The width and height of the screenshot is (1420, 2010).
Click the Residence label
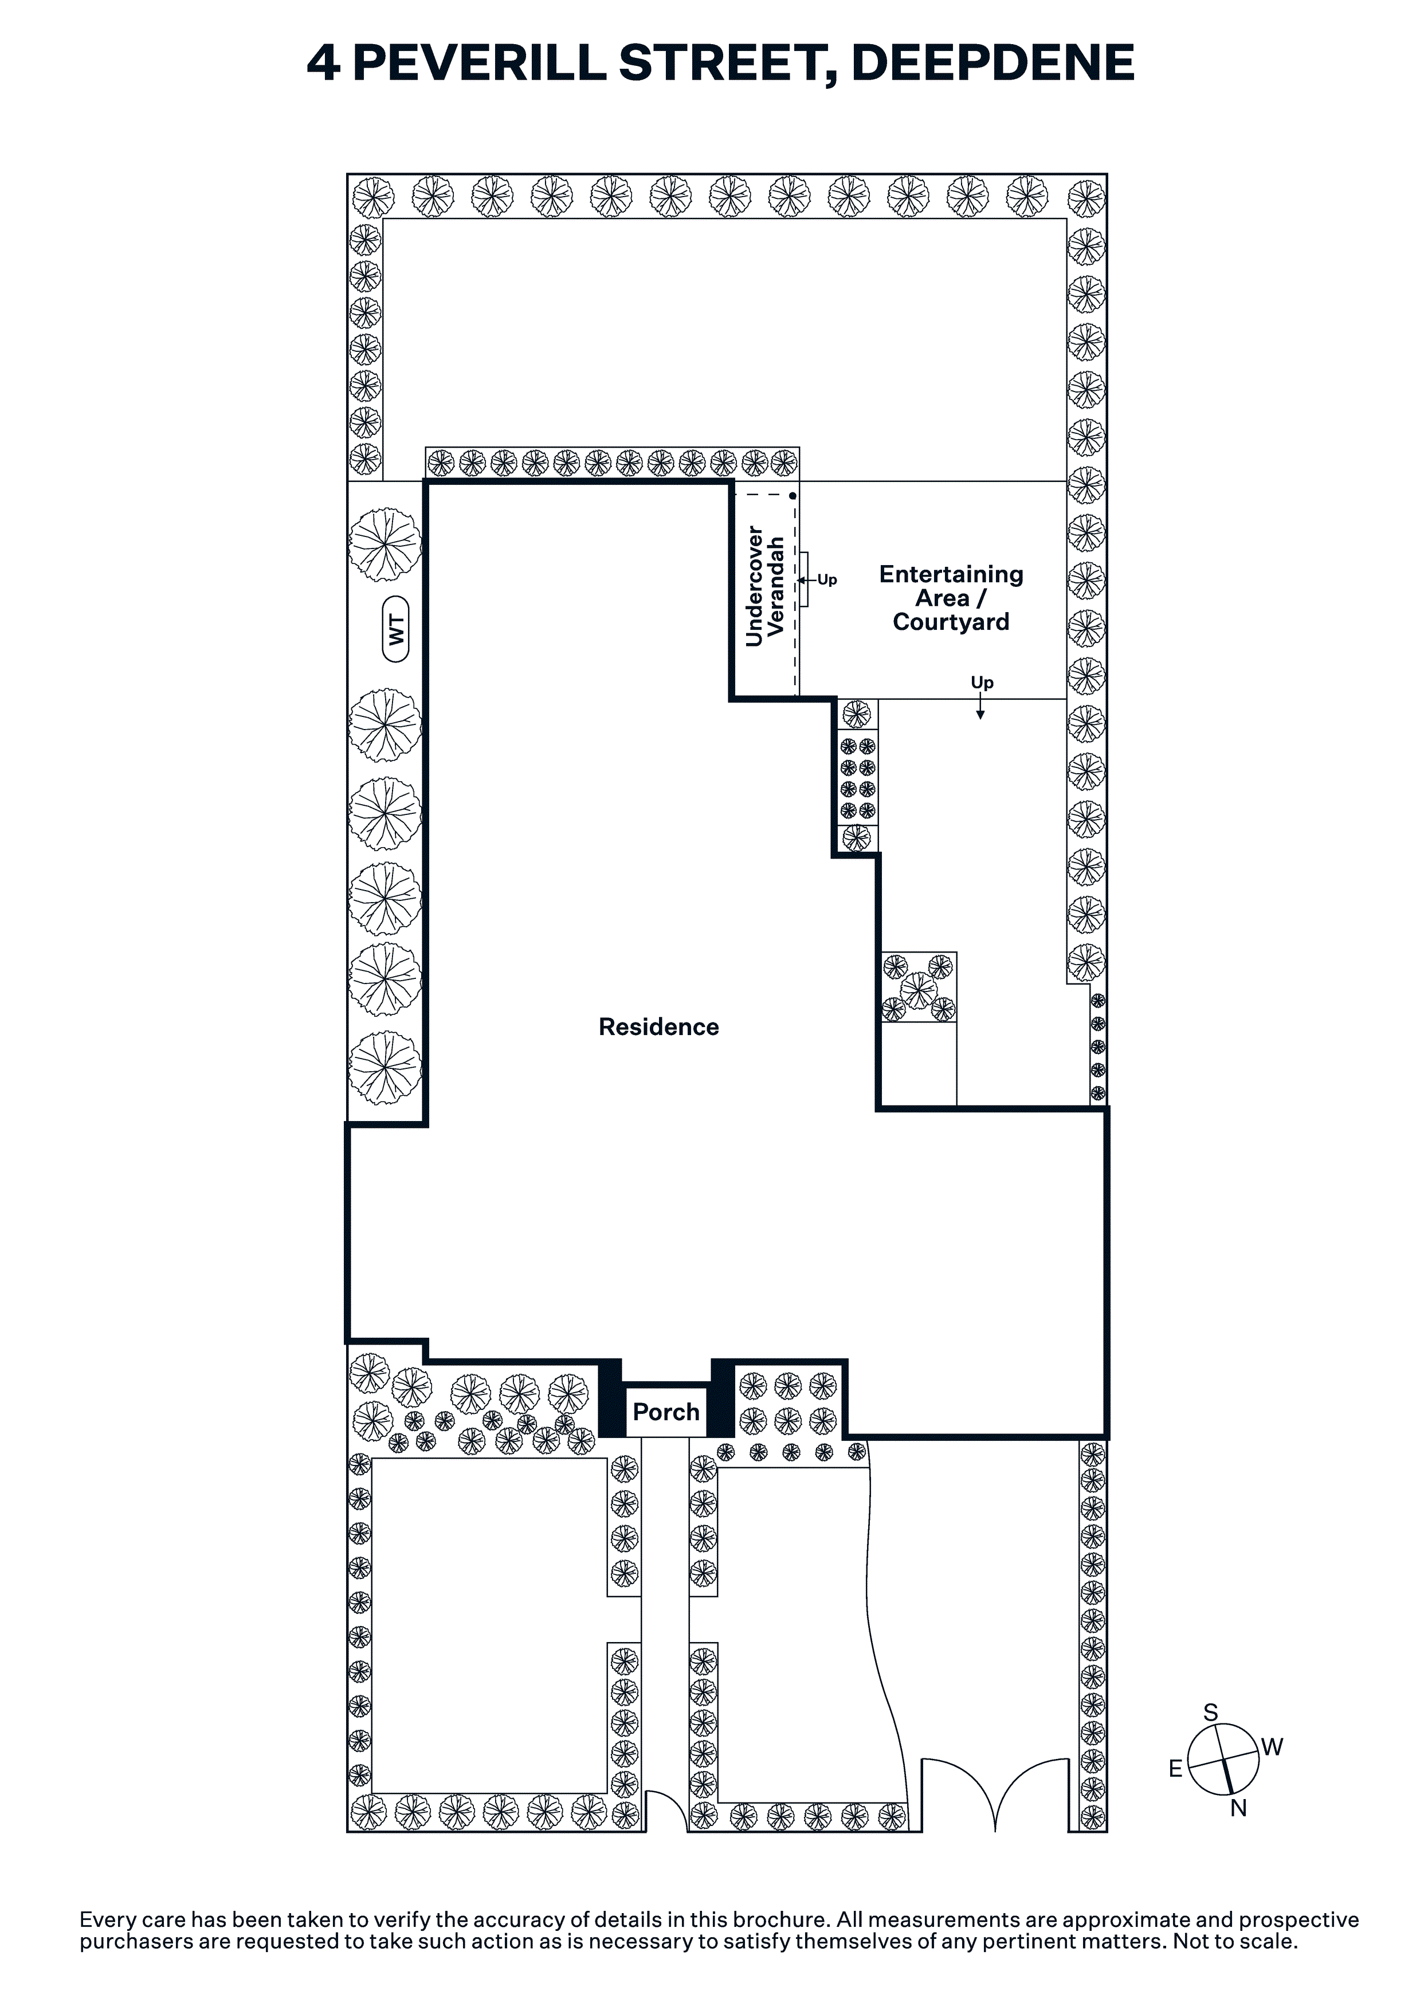[658, 1027]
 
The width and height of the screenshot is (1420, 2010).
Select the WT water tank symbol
[397, 629]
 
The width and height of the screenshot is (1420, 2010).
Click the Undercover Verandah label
[764, 586]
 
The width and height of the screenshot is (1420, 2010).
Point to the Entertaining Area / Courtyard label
[951, 598]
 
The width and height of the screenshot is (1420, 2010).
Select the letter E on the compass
[1176, 1768]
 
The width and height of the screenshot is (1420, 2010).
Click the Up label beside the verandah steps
[827, 579]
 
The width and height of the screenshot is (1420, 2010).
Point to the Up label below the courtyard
[982, 682]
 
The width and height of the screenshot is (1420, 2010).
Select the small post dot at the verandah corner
[793, 496]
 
